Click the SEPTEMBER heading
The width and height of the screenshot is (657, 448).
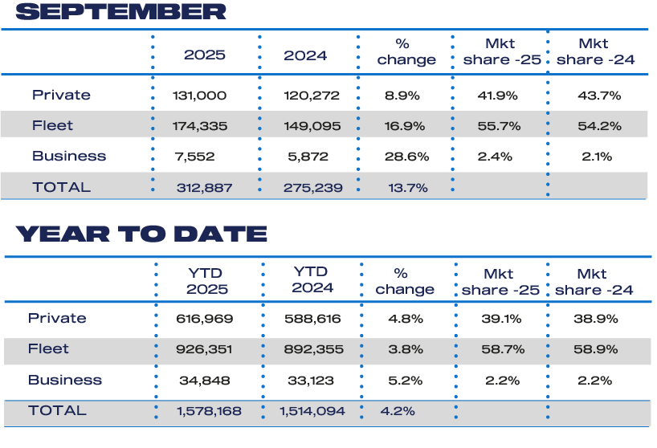[x=120, y=12]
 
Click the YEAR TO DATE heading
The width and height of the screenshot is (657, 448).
[x=141, y=234]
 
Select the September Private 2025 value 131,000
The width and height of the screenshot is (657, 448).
[x=199, y=96]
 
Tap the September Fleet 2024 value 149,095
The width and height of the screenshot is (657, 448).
[x=312, y=126]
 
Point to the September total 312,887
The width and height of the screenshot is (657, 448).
[x=205, y=188]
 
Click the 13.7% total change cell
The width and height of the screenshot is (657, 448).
[x=407, y=188]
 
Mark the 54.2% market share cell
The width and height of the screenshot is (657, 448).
[x=599, y=126]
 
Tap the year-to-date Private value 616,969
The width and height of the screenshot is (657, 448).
[x=205, y=319]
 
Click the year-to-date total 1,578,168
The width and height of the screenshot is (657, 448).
[x=208, y=411]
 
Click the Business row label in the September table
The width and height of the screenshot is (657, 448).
[x=69, y=157]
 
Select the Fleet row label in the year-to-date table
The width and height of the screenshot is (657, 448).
[x=49, y=349]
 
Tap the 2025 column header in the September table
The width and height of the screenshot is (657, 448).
[x=205, y=55]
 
